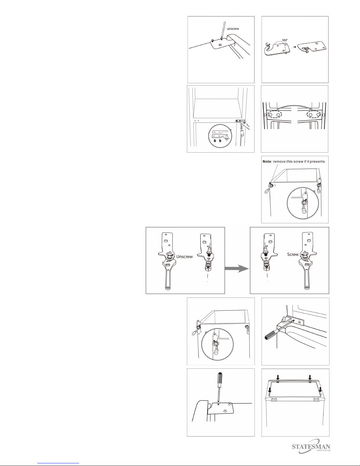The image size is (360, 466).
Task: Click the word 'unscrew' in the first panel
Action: click(233, 29)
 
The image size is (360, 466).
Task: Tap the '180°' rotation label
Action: click(285, 40)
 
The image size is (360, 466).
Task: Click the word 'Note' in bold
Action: click(267, 161)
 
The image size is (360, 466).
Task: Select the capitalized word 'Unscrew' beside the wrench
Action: click(185, 256)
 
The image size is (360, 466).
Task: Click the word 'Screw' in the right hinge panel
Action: click(293, 254)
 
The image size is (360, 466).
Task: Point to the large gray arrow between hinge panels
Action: click(237, 268)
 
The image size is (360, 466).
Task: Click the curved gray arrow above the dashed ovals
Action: click(294, 106)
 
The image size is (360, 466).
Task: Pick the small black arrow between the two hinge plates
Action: click(295, 47)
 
